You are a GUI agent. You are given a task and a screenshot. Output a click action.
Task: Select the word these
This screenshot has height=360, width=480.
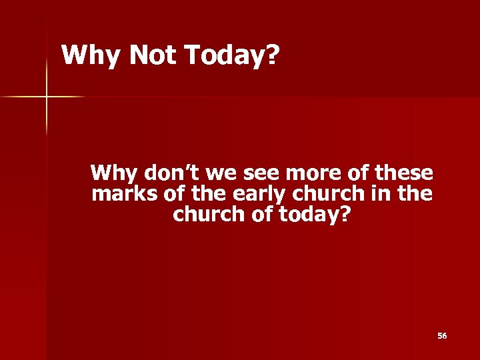coord(404,173)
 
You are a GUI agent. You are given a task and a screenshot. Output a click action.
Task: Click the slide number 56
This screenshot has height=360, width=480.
coord(442,336)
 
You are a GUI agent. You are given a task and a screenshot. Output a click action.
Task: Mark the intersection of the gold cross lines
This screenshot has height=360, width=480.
coord(47,97)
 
